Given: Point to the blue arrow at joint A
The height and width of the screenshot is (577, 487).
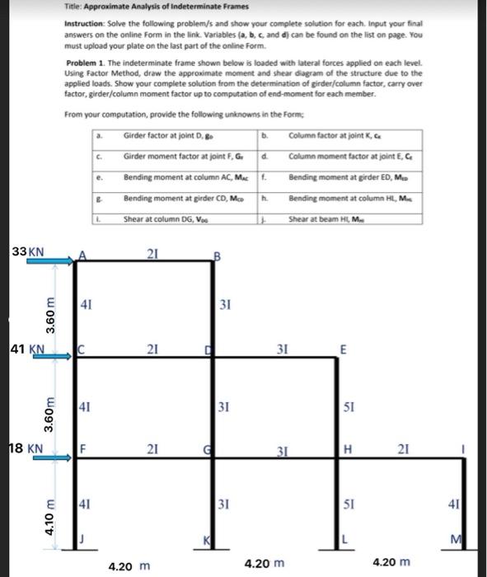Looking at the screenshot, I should point(50,261).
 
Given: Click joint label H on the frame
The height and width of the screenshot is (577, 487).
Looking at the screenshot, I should point(349,450).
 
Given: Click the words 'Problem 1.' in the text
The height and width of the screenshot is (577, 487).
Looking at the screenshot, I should point(85,63).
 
